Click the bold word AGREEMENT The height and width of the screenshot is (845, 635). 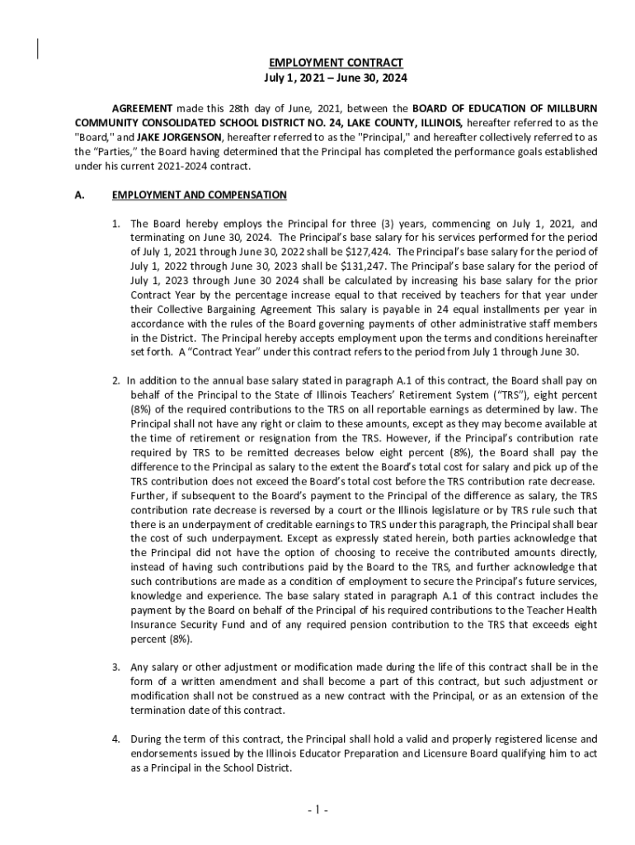142,109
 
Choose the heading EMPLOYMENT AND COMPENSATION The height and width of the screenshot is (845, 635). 199,196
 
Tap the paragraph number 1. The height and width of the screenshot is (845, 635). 116,224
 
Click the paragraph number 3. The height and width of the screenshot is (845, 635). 116,667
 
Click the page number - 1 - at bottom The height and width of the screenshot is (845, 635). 317,810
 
